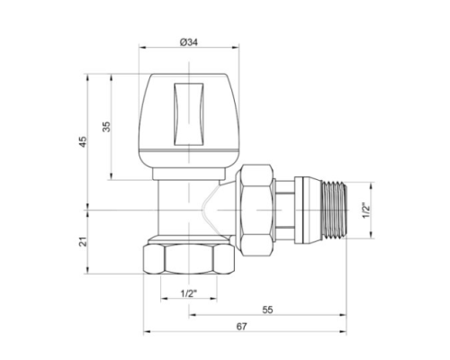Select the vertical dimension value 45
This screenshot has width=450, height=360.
83,142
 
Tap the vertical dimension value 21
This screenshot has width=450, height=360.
83,241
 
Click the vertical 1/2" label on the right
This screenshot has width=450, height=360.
365,212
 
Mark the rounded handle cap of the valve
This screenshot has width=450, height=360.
186,117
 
